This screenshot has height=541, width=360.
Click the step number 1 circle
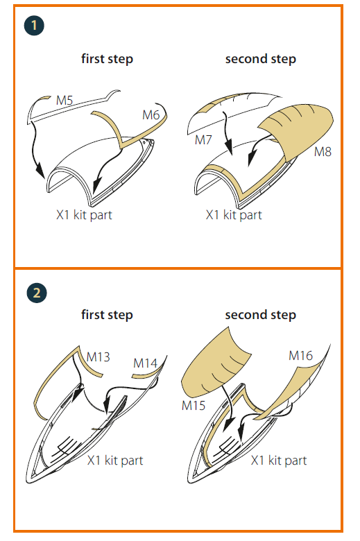34,25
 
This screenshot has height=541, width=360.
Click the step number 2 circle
37,293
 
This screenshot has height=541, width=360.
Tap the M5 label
65,101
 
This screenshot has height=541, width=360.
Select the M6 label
151,115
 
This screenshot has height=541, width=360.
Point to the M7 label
203,139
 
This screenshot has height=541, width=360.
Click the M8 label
323,151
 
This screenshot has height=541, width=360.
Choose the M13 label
98,357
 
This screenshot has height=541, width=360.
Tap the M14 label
145,363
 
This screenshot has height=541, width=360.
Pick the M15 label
194,406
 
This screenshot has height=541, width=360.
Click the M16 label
300,355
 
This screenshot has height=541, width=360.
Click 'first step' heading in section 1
107,59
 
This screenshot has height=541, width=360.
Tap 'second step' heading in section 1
261,59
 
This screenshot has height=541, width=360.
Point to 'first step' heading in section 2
107,315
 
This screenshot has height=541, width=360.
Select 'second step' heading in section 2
261,315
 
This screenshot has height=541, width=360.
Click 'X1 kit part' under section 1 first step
84,215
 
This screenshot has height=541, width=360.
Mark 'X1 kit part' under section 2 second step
279,461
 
